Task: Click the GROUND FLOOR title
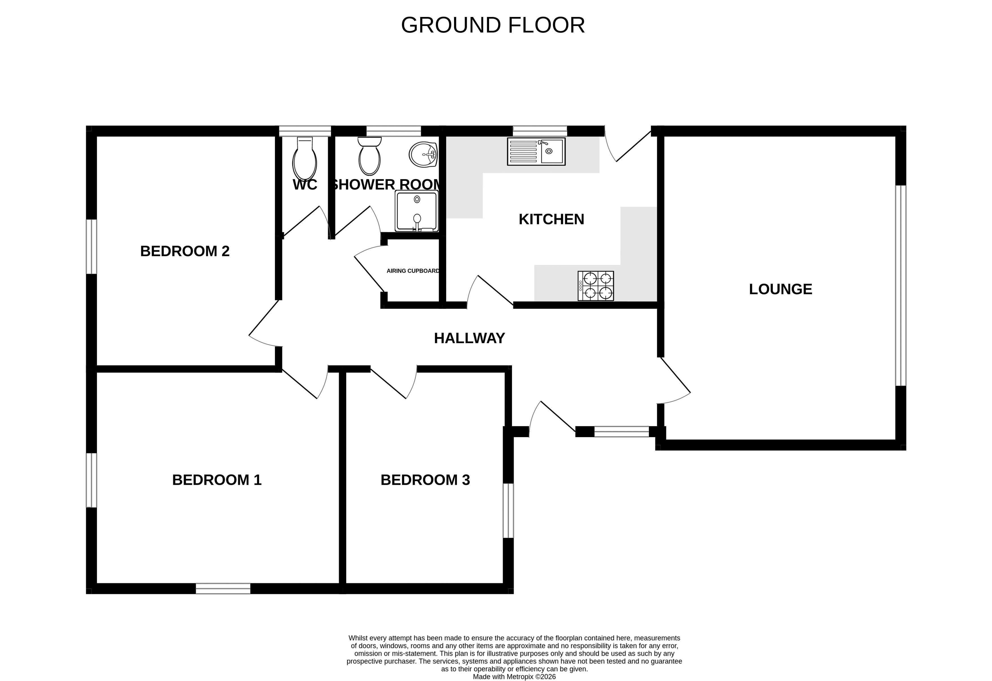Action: [x=493, y=25]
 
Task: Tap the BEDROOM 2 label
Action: [x=185, y=251]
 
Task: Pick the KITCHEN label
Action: [x=551, y=219]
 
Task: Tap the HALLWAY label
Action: [x=469, y=338]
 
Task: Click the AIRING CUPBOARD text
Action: [x=413, y=271]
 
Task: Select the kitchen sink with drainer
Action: [x=536, y=151]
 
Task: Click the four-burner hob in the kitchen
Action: [x=596, y=286]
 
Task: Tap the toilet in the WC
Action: [x=304, y=158]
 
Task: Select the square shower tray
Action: [x=417, y=211]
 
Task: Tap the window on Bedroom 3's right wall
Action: [x=508, y=511]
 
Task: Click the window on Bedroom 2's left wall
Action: [x=91, y=247]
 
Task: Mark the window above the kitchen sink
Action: [x=540, y=131]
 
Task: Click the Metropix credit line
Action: [x=514, y=677]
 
